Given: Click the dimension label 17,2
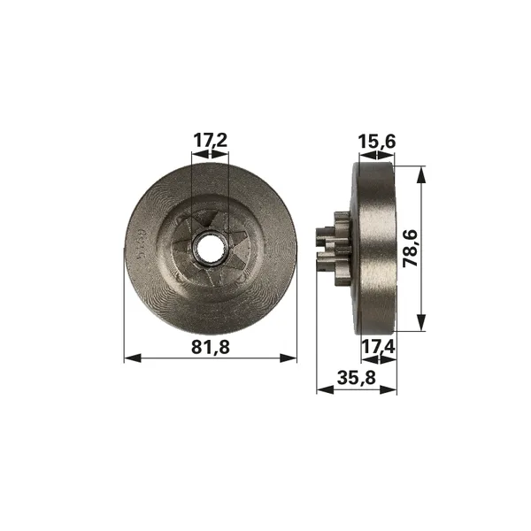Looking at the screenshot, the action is coord(210,140).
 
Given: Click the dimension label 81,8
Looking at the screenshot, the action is coord(211,347).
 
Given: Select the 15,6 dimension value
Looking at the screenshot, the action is coord(377,142).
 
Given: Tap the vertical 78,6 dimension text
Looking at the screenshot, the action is coord(411,248).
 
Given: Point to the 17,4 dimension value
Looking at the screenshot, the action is coord(378,347).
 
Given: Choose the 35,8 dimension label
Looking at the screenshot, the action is coord(357,378).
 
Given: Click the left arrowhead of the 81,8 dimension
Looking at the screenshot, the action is coord(133,358).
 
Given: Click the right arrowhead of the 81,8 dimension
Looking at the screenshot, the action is coord(289,358).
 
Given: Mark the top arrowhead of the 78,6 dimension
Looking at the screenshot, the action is coord(421,174).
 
